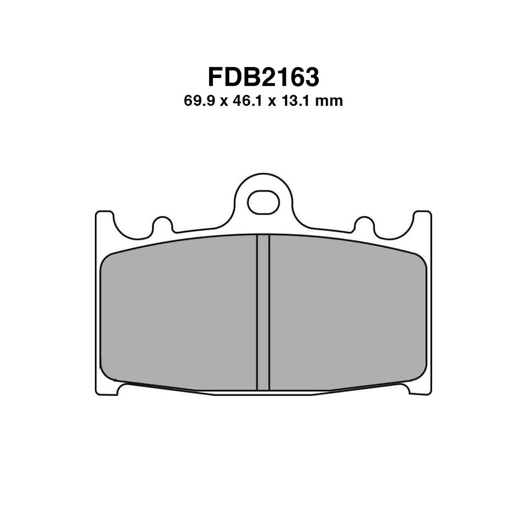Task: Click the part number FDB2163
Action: click(263, 77)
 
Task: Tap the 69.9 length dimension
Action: click(199, 101)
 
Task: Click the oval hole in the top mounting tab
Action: click(263, 203)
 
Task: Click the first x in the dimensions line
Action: click(223, 101)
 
